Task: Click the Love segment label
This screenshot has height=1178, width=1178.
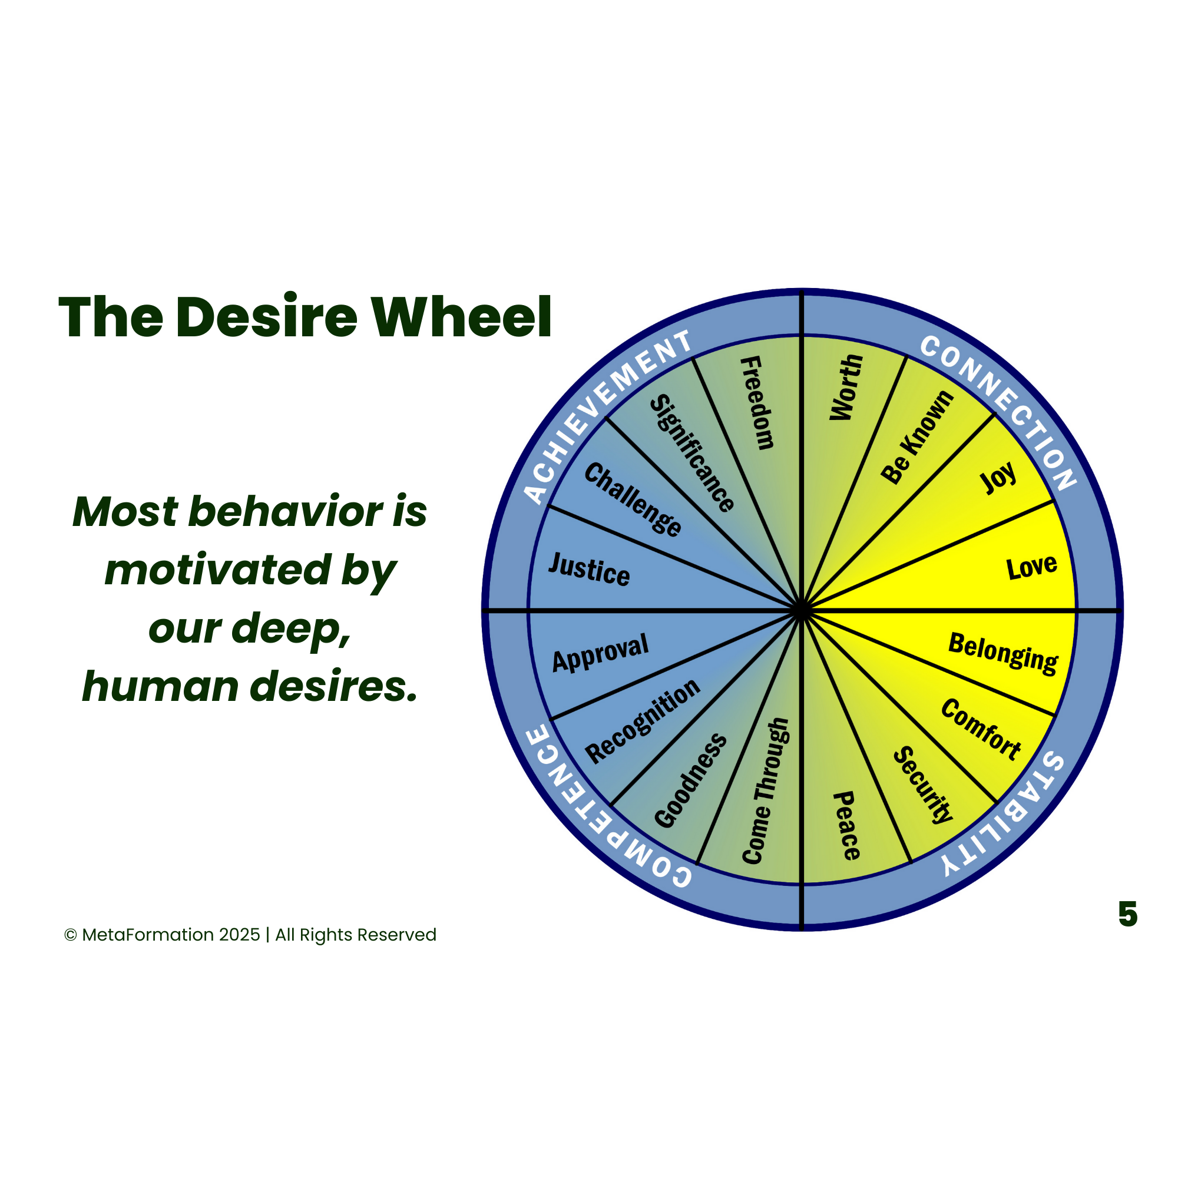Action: point(1031,567)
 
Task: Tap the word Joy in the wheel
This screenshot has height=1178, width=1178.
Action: point(998,478)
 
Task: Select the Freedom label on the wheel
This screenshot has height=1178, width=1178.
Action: point(757,403)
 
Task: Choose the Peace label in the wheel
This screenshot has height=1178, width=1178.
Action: point(847,826)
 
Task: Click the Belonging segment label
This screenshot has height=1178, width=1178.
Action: point(1003,654)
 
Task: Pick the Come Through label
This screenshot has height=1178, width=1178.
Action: point(766,791)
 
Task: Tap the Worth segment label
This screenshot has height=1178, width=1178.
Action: point(846,388)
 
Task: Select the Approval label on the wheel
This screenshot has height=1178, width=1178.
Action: point(601,653)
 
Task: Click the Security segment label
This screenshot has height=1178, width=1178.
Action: point(922,785)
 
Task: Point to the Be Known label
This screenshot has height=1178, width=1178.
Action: point(917,437)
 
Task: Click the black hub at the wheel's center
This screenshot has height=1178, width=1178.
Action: point(802,610)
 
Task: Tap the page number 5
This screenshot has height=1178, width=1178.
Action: point(1127,914)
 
